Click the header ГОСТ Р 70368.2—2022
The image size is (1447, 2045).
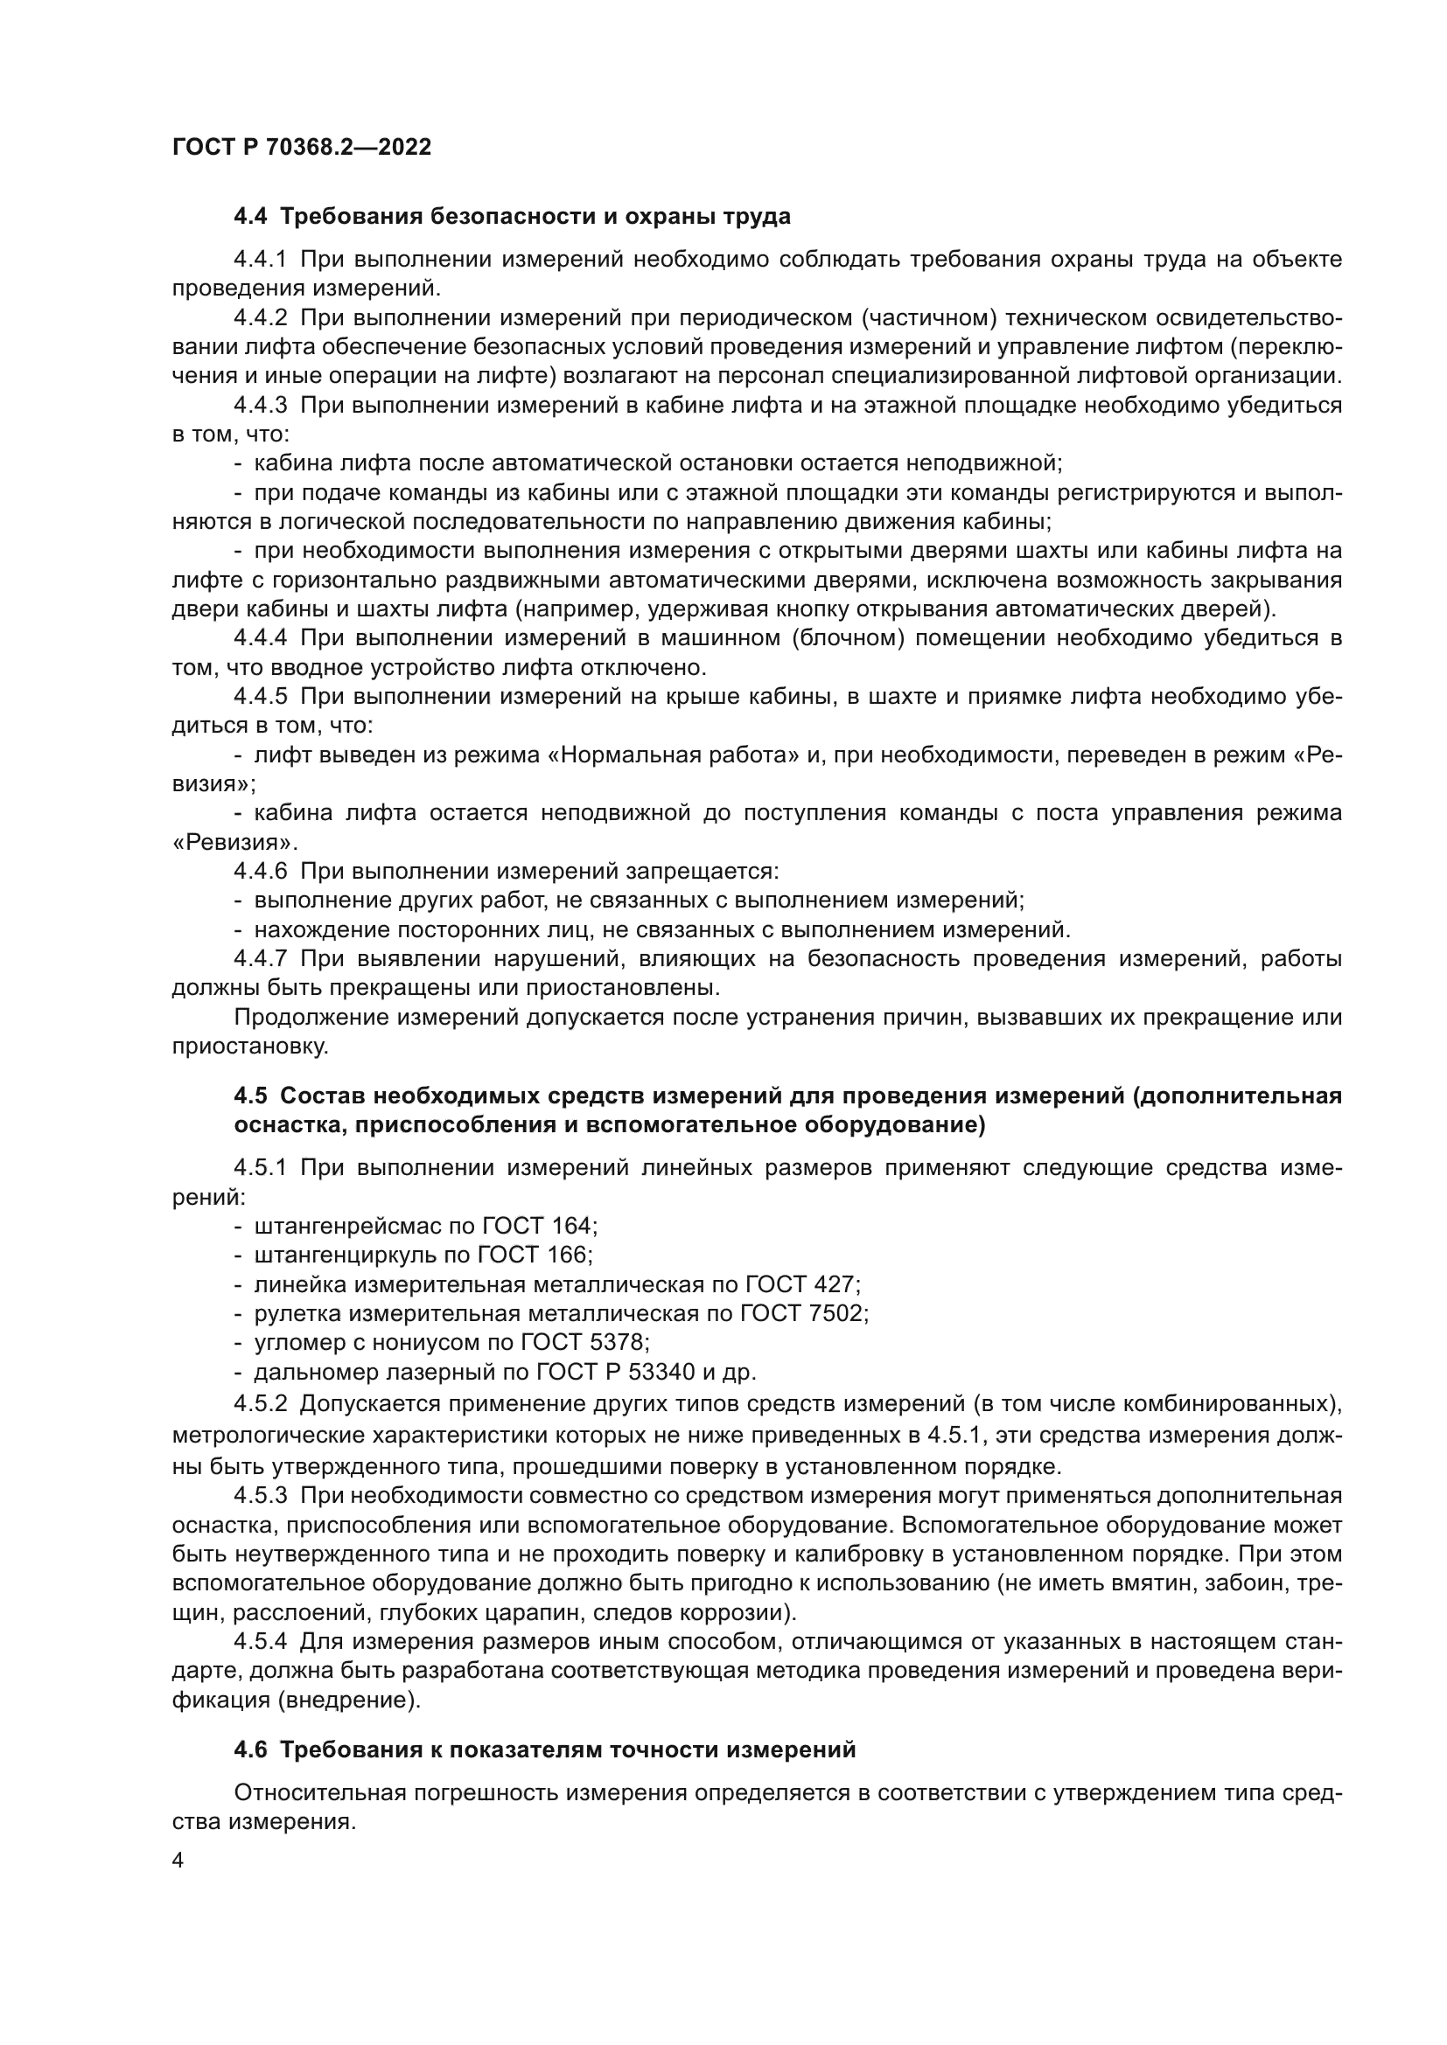(x=301, y=148)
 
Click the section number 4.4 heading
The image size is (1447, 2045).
(x=252, y=217)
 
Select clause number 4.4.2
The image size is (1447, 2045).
(x=260, y=318)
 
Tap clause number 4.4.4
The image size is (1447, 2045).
(x=260, y=637)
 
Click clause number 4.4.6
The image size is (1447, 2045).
(x=260, y=871)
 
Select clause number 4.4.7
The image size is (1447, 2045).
(x=260, y=958)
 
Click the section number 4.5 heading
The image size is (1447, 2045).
(x=252, y=1096)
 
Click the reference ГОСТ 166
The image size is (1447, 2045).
(x=533, y=1255)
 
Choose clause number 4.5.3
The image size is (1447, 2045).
(x=260, y=1495)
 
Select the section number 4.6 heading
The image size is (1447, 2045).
(x=252, y=1750)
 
